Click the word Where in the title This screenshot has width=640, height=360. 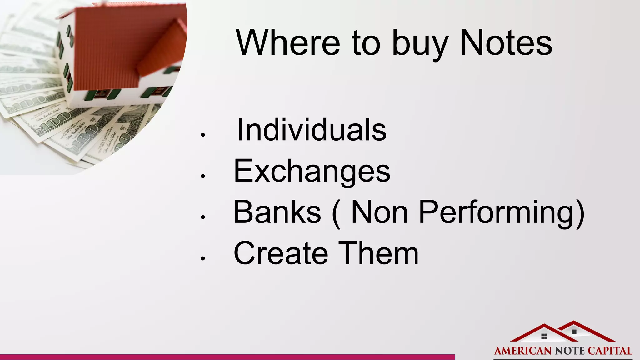pyautogui.click(x=288, y=42)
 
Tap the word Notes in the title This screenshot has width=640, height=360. pyautogui.click(x=506, y=42)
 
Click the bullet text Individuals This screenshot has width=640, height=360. pyautogui.click(x=312, y=130)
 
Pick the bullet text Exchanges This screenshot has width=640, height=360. pyautogui.click(x=312, y=171)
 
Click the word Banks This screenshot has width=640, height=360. pyautogui.click(x=277, y=212)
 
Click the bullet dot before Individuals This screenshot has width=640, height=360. pyautogui.click(x=203, y=135)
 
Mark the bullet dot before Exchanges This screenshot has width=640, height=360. pyautogui.click(x=203, y=176)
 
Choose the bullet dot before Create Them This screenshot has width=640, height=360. pyautogui.click(x=203, y=258)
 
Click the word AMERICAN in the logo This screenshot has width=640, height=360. pyautogui.click(x=523, y=351)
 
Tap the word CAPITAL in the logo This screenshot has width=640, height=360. pyautogui.click(x=610, y=351)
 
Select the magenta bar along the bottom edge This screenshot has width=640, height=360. pyautogui.click(x=227, y=357)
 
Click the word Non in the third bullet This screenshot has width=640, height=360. pyautogui.click(x=379, y=212)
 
